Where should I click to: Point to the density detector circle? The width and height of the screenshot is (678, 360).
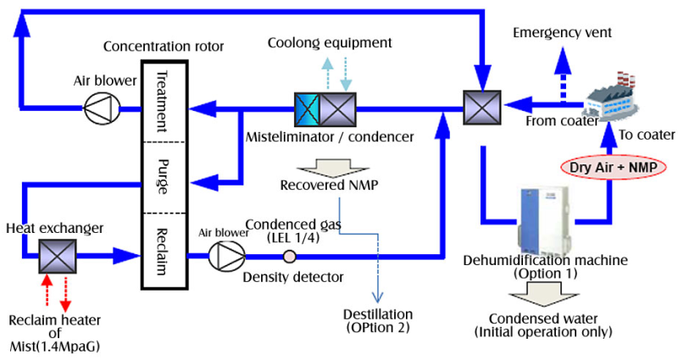[x=288, y=256]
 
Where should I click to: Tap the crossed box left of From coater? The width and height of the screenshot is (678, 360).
[x=481, y=108]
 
